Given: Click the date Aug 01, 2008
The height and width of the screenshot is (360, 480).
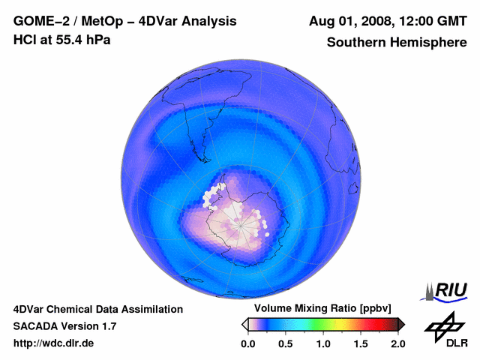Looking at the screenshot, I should click(x=352, y=22).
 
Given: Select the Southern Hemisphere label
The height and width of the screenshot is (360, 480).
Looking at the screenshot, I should click(x=397, y=42).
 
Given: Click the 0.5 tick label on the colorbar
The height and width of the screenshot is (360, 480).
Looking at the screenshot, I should click(x=285, y=343).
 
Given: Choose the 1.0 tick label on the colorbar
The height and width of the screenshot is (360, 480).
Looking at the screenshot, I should click(x=323, y=343).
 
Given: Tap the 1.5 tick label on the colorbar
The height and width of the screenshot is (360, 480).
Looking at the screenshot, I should click(x=361, y=343).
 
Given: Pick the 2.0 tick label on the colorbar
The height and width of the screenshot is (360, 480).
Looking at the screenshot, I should click(x=397, y=343).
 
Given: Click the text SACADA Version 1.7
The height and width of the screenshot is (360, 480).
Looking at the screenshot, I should click(x=64, y=326).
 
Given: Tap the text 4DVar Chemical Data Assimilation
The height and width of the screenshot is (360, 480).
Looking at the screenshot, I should click(x=98, y=309).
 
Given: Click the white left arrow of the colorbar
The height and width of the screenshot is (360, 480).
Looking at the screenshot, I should click(x=244, y=324).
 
